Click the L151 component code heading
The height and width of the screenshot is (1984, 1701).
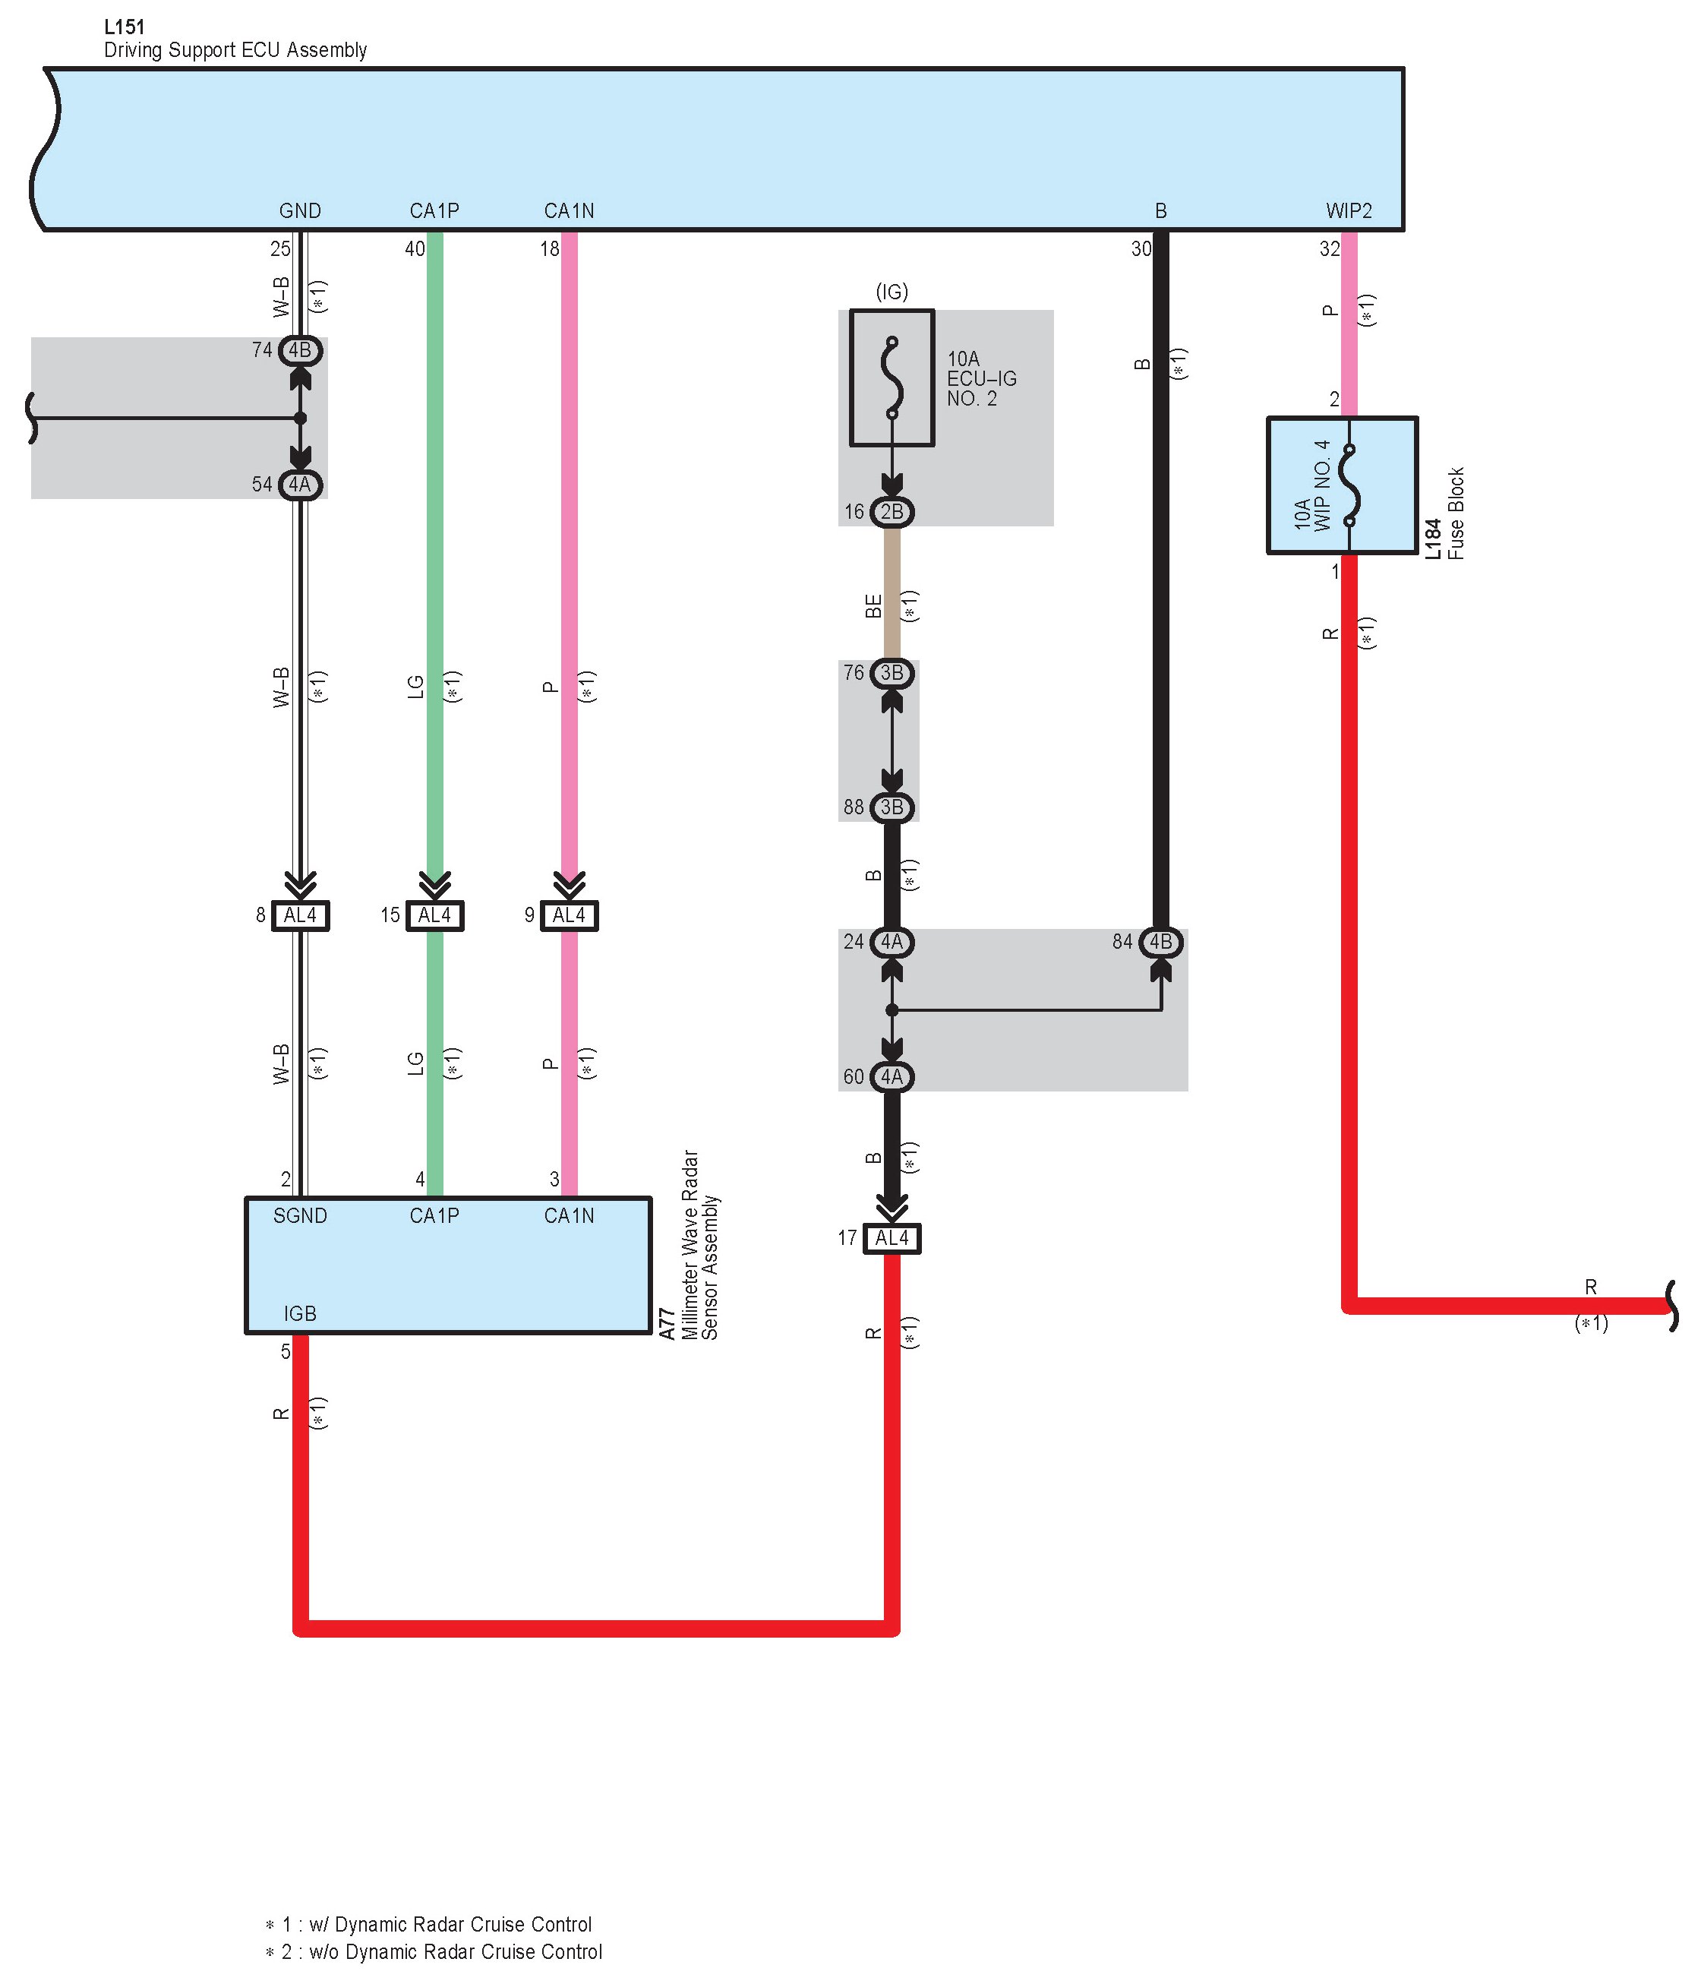(124, 27)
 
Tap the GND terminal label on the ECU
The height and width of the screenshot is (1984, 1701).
(300, 210)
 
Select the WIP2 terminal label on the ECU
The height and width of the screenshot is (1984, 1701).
(1348, 210)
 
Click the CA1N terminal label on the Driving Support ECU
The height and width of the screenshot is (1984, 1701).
(569, 210)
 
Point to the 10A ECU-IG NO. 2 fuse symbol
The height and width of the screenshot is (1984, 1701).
(892, 378)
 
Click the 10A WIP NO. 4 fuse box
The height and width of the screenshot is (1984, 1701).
(1341, 485)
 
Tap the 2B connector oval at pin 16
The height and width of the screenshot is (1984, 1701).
(892, 512)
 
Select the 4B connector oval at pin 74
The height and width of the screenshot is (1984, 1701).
(300, 350)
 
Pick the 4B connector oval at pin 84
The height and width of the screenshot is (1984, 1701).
(1160, 942)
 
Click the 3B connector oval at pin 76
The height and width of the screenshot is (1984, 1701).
(892, 673)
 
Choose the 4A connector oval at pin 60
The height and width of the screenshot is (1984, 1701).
(892, 1077)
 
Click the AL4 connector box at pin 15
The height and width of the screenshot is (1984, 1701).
(434, 915)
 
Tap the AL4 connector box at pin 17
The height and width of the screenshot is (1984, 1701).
(892, 1238)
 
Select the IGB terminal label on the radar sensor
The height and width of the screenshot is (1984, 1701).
(300, 1314)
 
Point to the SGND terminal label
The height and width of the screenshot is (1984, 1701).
(300, 1216)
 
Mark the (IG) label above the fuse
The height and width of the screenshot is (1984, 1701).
(892, 292)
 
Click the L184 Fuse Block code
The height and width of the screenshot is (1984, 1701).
(1433, 539)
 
